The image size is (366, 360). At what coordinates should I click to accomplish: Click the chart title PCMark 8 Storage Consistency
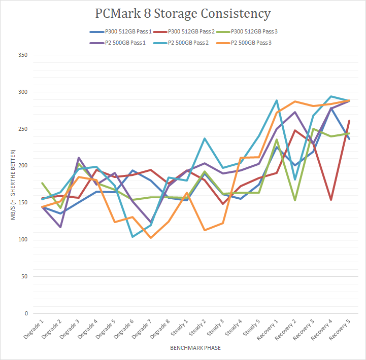pyautogui.click(x=183, y=13)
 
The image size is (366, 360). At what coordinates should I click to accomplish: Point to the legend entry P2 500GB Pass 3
pyautogui.click(x=252, y=42)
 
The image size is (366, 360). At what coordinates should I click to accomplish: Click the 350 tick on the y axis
pyautogui.click(x=22, y=55)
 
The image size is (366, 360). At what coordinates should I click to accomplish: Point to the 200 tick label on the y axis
pyautogui.click(x=22, y=166)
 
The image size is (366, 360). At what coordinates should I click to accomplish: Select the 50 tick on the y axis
pyautogui.click(x=23, y=276)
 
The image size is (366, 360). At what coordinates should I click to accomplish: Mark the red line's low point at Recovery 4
pyautogui.click(x=331, y=200)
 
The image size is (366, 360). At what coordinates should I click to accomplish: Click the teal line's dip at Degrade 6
pyautogui.click(x=133, y=237)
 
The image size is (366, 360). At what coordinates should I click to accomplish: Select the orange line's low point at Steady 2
pyautogui.click(x=205, y=230)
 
